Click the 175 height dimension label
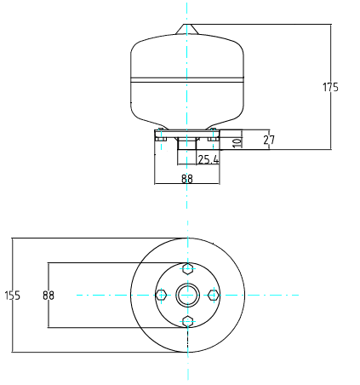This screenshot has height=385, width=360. (330, 87)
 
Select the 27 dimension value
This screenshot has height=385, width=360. (269, 140)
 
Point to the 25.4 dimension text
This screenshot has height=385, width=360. (209, 159)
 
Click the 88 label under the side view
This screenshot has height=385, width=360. (187, 179)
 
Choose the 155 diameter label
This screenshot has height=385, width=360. (13, 296)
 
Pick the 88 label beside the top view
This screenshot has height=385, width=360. (49, 296)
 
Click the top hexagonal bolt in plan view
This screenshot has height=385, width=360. (187, 268)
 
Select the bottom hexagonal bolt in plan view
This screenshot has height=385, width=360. (187, 322)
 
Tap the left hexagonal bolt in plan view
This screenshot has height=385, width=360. (161, 295)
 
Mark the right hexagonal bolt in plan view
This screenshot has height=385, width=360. (214, 295)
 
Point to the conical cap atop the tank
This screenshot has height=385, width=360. (186, 30)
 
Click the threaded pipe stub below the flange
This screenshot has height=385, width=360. (187, 143)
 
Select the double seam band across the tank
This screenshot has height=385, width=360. (187, 80)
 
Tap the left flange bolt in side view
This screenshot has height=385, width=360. (161, 135)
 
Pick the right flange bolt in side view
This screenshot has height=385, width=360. (213, 135)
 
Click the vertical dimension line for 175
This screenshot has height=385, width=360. (331, 87)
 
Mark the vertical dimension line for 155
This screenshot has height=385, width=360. (13, 296)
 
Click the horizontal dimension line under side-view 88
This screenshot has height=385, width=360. (187, 184)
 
